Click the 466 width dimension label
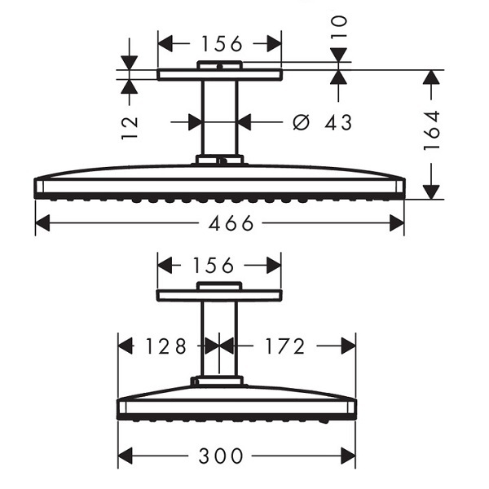pos(231,223)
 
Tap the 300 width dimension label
pos(221,456)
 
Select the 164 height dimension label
pos(432,130)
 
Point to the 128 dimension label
pos(166,346)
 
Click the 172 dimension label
pos(284,346)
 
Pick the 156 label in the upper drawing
pos(222,43)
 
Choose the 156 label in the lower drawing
pos(214,266)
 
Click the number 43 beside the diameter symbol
pos(338,122)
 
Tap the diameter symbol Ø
pos(302,122)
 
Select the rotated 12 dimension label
pos(130,128)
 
